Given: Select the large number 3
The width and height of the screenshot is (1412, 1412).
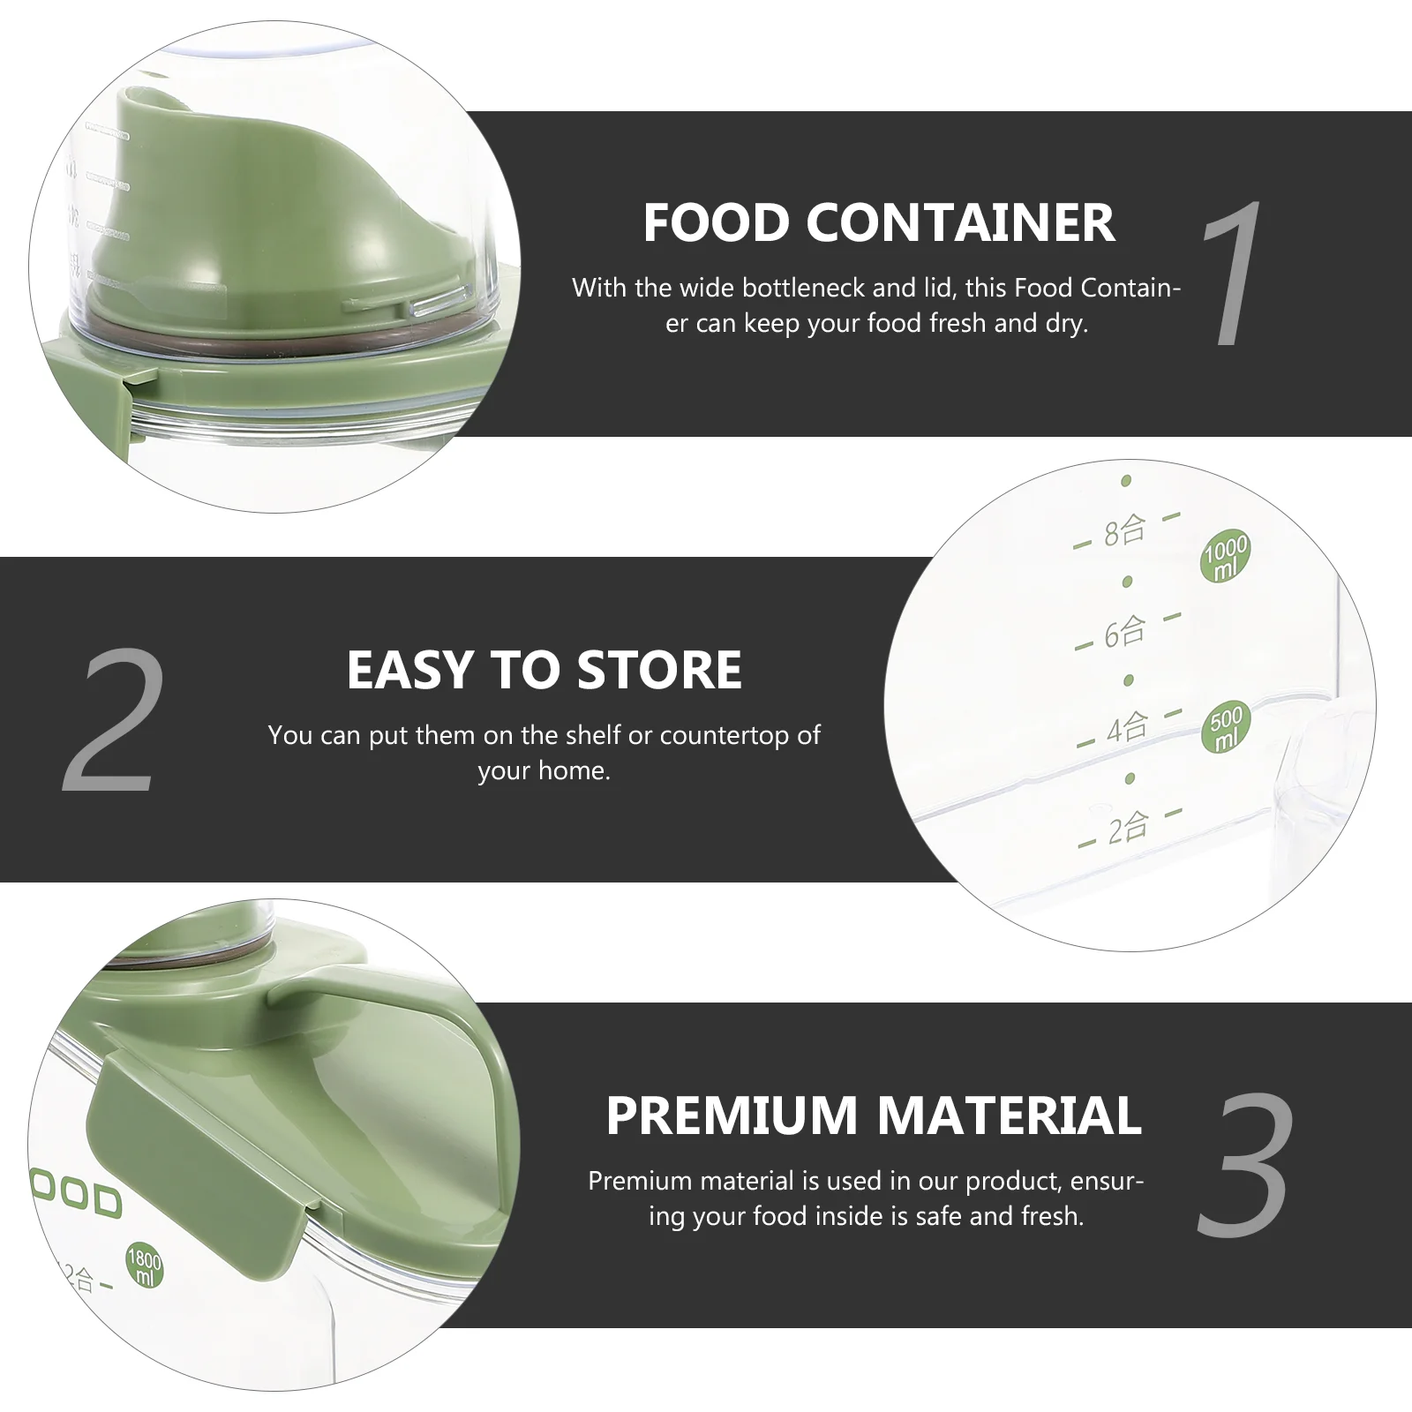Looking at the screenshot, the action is tap(1246, 1164).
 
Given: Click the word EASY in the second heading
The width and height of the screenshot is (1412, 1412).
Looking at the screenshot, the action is tap(410, 670).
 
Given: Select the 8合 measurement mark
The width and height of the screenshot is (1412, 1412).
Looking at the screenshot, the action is tap(1125, 531).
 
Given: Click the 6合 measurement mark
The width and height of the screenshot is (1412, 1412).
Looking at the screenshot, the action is tap(1126, 632).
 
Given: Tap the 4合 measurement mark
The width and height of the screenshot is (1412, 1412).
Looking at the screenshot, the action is tap(1129, 729).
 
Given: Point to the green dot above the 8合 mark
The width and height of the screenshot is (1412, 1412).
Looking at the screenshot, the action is tap(1126, 481).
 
